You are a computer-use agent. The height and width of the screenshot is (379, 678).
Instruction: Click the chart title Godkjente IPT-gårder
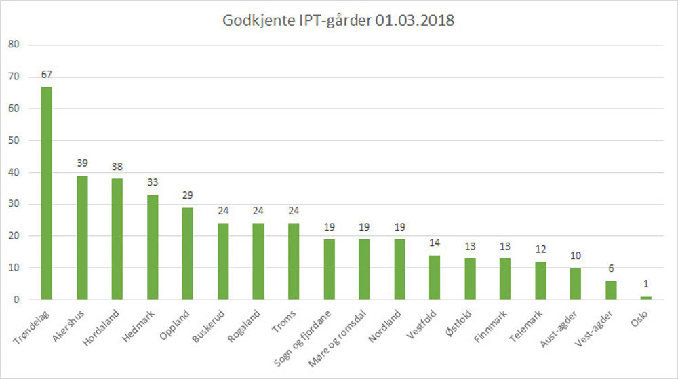pos(338,21)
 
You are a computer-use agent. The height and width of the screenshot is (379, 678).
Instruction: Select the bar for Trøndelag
pos(46,193)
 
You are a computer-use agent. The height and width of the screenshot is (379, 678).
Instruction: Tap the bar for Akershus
pos(81,237)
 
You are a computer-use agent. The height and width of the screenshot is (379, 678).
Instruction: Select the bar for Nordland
pos(399,269)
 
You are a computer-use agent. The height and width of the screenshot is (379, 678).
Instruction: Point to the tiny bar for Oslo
pos(645,298)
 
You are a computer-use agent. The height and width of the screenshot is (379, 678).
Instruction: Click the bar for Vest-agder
pos(610,290)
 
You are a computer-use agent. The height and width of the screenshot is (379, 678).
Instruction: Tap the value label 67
pos(46,74)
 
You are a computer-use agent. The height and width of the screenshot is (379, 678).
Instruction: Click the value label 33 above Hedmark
pos(152,182)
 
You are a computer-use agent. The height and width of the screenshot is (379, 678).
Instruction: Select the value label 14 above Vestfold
pos(434,243)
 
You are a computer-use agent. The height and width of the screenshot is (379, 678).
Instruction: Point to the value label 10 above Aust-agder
pos(575,256)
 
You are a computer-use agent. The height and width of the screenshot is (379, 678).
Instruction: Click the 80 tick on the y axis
pos(14,45)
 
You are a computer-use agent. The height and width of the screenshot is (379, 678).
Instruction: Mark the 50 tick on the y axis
pos(14,140)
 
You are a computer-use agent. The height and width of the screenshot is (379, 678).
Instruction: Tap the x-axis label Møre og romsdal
pos(339,332)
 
